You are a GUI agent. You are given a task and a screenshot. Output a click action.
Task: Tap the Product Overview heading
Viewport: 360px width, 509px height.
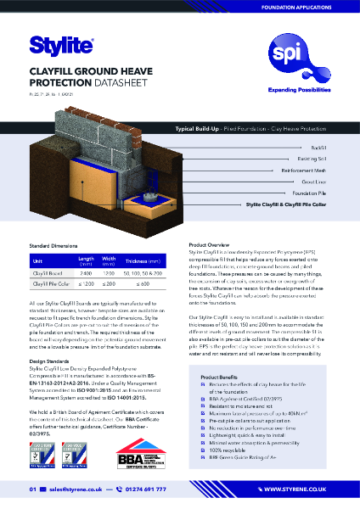[x=212, y=248]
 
